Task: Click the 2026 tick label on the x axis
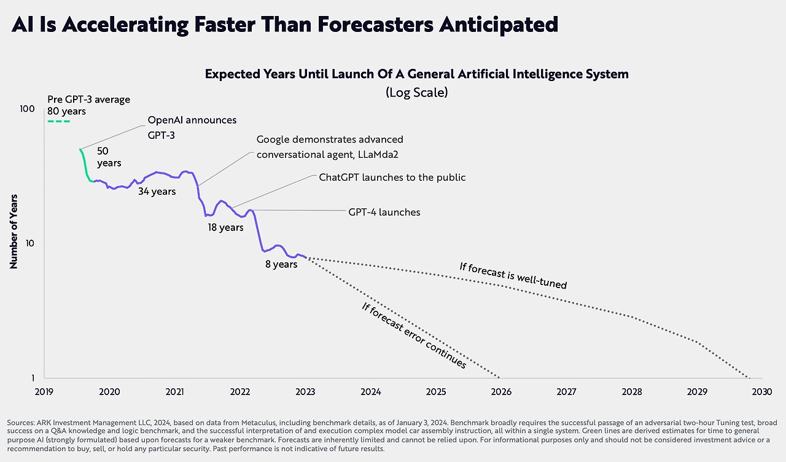point(501,391)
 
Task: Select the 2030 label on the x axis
point(762,391)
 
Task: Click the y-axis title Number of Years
point(14,232)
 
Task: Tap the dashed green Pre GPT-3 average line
point(59,121)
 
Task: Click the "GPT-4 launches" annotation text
point(384,212)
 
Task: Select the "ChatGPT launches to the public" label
point(392,178)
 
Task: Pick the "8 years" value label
point(281,264)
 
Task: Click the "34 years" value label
point(156,192)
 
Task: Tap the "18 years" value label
point(225,227)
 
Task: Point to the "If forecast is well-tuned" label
point(513,276)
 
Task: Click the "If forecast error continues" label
point(414,335)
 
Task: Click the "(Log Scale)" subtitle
point(417,92)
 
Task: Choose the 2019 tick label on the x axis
point(44,391)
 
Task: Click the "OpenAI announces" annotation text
point(192,120)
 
